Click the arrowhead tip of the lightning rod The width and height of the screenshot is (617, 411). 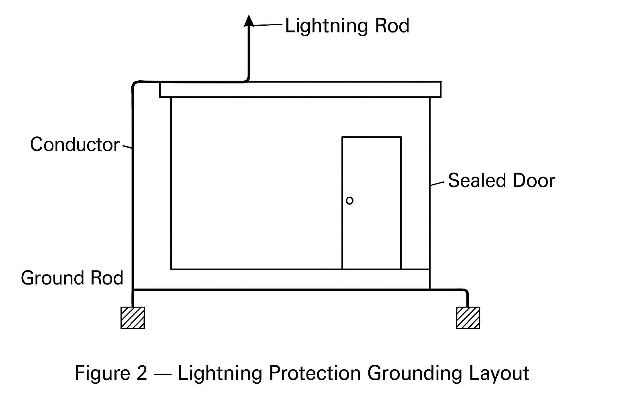249,16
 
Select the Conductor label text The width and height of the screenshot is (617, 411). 75,144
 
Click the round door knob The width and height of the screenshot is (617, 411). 349,200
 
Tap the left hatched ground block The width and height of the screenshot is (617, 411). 133,318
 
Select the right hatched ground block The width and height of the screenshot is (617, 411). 468,318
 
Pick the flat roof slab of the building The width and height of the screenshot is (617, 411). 300,90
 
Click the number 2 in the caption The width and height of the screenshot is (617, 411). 141,373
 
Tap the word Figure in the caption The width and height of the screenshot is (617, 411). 102,373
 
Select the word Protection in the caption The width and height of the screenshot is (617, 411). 315,373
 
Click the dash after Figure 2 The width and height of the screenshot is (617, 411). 162,374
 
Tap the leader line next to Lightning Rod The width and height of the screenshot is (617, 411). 268,25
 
